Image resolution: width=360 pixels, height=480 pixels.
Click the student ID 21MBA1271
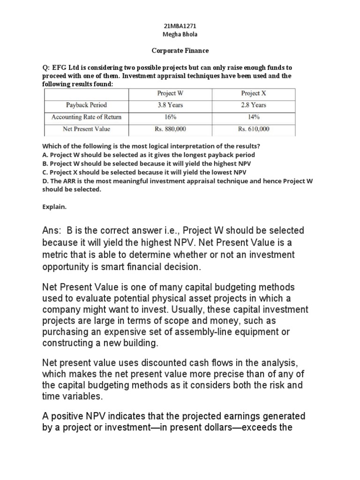[180, 28]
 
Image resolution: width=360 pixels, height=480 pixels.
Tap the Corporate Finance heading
[180, 50]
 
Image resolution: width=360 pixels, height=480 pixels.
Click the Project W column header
[170, 94]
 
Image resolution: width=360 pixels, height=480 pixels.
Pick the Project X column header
[254, 94]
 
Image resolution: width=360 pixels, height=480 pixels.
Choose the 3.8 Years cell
[170, 105]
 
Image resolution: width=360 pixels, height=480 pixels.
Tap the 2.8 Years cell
[254, 105]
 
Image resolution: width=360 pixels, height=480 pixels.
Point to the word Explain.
[55, 205]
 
